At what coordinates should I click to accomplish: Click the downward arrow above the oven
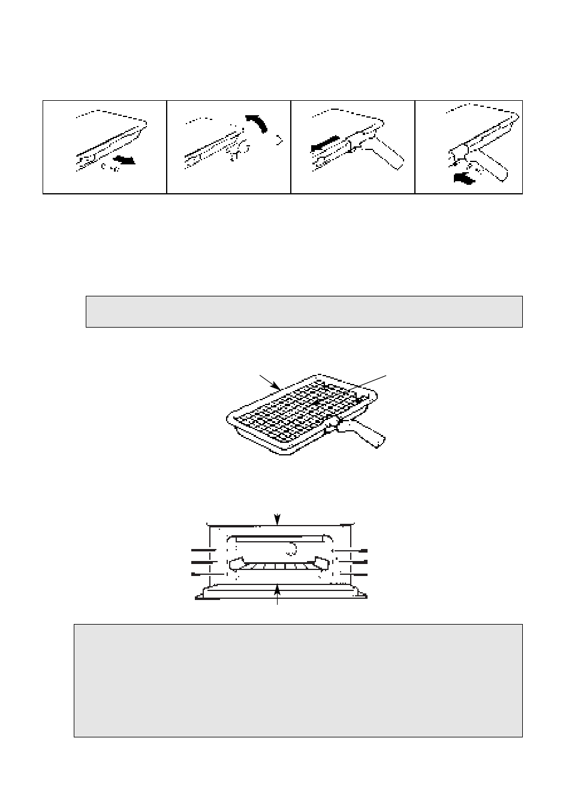[x=276, y=518]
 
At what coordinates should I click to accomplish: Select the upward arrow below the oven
[x=277, y=589]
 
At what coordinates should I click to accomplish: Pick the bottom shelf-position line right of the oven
[x=354, y=574]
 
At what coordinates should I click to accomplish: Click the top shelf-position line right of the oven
[x=354, y=550]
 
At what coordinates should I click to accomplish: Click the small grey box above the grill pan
[x=304, y=311]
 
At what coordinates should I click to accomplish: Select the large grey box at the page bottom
[x=298, y=680]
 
